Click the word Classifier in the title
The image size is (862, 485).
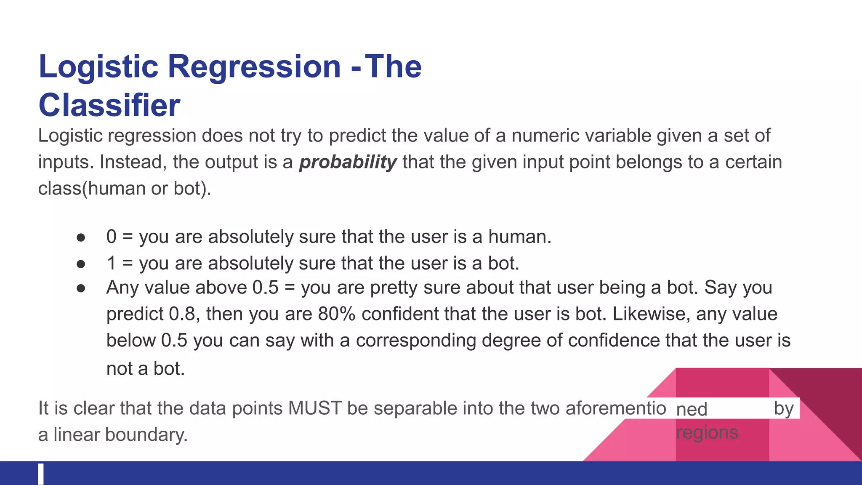109,105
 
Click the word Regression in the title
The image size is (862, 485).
254,67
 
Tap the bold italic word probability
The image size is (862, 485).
348,162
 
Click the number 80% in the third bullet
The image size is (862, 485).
337,314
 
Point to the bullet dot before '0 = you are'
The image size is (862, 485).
81,237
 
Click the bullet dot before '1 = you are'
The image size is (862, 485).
81,264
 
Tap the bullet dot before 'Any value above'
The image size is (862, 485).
81,288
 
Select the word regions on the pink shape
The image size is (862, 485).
707,433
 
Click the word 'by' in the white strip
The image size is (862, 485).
784,408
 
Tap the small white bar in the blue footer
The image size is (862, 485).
41,474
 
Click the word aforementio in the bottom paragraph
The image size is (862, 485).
616,408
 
